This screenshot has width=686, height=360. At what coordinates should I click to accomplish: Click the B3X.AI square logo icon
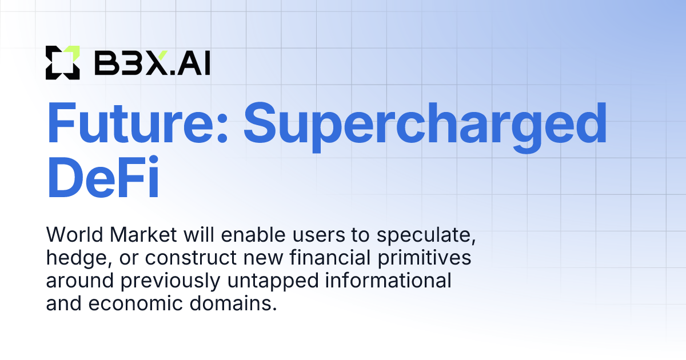coord(62,62)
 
